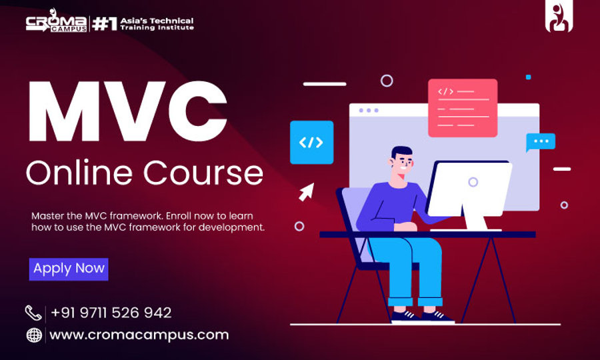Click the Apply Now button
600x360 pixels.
click(69, 269)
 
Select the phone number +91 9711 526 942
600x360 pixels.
click(111, 312)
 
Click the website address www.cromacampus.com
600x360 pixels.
click(139, 335)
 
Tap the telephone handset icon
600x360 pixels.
click(33, 312)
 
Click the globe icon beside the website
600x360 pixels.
click(34, 335)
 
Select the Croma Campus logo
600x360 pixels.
click(56, 24)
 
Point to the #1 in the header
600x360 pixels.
click(105, 24)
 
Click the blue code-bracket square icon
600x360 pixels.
click(311, 142)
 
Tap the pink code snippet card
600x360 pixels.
click(462, 107)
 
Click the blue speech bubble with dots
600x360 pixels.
click(540, 142)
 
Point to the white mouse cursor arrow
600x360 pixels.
click(306, 192)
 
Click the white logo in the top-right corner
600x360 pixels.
click(559, 19)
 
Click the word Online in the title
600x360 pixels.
click(73, 173)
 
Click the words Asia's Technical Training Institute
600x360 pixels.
click(157, 24)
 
